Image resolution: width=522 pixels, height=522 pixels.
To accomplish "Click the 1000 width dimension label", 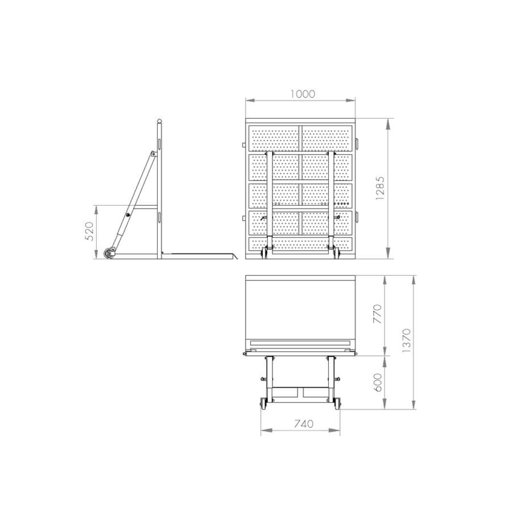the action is pos(303,94).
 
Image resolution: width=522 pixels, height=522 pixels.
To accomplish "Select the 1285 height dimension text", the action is pos(380,188).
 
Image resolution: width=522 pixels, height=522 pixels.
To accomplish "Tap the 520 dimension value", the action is pos(89,231).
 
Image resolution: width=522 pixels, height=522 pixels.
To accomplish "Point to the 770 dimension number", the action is pos(377,314).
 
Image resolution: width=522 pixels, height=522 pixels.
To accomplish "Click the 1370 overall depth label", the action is pos(407,340).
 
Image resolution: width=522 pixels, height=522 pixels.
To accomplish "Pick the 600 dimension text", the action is pos(377,383).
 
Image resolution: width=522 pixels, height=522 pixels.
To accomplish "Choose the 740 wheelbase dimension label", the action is pos(304,424).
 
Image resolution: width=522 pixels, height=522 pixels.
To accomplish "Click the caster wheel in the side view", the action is pos(109,254).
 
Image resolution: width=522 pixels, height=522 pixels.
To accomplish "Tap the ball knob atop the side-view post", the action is pos(160,121).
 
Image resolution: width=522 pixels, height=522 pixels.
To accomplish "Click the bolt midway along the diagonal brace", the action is pos(128,215).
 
